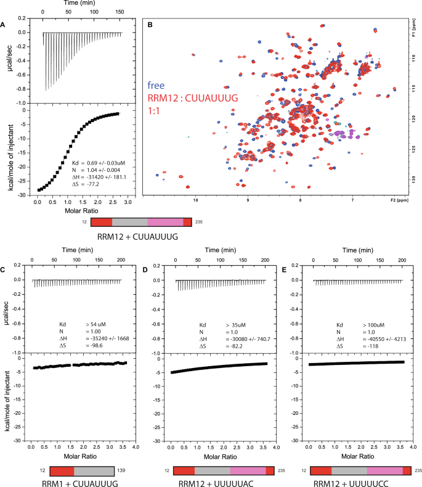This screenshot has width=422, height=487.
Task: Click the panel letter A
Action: click(x=4, y=25)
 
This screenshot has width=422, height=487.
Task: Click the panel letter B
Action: click(x=150, y=25)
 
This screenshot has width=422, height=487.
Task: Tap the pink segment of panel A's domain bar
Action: click(x=165, y=221)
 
